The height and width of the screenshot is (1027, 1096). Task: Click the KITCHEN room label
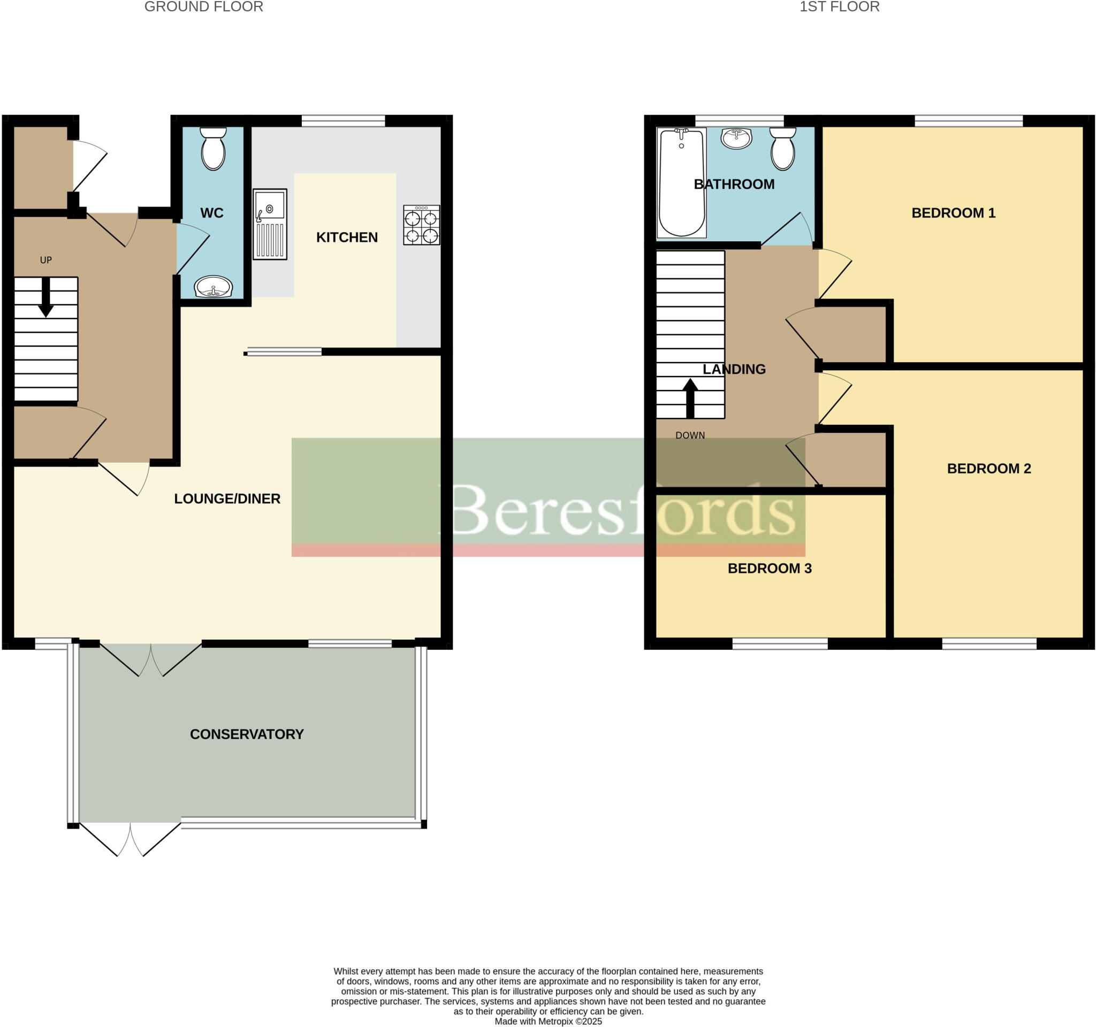click(x=347, y=237)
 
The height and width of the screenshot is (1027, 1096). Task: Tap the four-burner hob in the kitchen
click(x=421, y=225)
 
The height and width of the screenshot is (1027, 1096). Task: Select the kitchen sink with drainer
click(x=270, y=224)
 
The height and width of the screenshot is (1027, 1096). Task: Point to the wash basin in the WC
click(x=214, y=286)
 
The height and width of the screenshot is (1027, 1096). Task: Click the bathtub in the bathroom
click(x=681, y=183)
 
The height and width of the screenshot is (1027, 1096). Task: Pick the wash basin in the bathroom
click(x=736, y=139)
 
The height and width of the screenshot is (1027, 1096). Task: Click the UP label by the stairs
click(x=46, y=260)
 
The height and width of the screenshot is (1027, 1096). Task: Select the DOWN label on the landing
click(x=690, y=435)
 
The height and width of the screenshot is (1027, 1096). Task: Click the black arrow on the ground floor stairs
click(x=46, y=297)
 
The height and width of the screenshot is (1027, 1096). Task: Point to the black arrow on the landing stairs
click(x=690, y=398)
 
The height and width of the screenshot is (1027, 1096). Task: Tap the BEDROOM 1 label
click(x=953, y=213)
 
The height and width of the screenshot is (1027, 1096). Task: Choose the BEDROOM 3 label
click(x=770, y=569)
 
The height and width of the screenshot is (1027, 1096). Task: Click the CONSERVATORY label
click(x=247, y=734)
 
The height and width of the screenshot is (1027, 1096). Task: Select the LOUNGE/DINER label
click(x=227, y=499)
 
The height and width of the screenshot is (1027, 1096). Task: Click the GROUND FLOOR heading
click(x=203, y=7)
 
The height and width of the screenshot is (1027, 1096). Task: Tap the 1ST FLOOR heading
click(x=840, y=7)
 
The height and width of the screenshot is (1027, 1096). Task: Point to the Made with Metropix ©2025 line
click(x=548, y=1021)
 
